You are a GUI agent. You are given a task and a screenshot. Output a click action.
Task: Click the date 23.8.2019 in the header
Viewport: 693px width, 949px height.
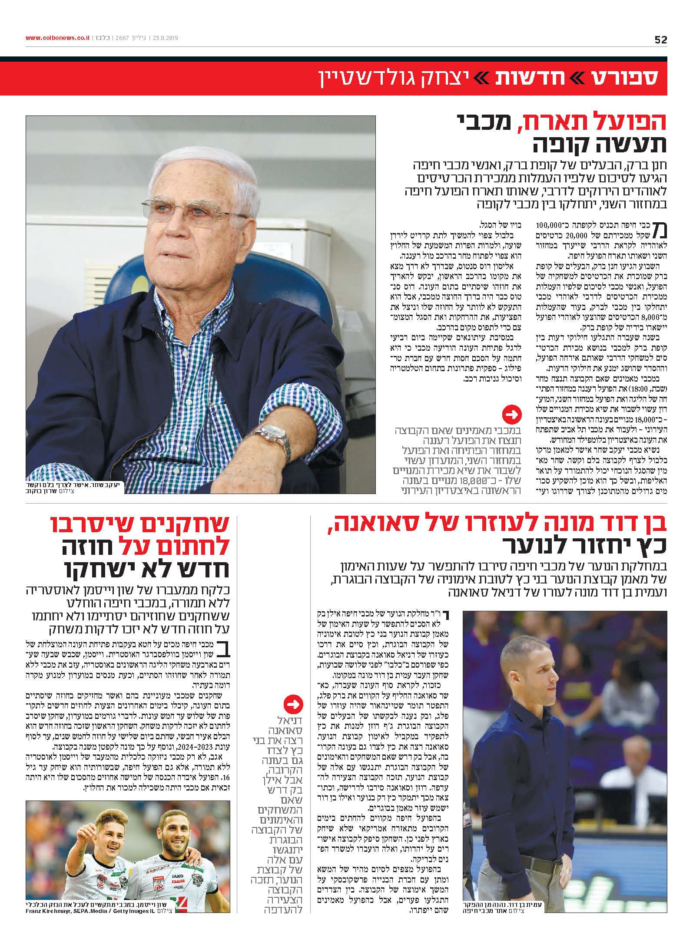pyautogui.click(x=166, y=38)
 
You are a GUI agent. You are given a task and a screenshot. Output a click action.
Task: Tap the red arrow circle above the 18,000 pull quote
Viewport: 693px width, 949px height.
pyautogui.click(x=511, y=415)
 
